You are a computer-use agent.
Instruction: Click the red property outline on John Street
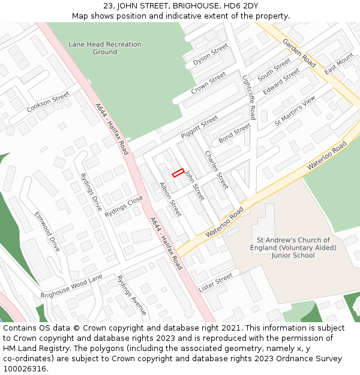click(178, 173)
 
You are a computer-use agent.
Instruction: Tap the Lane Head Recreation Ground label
click(105, 48)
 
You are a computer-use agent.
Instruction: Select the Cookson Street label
click(49, 103)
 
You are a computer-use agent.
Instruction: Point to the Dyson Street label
click(211, 55)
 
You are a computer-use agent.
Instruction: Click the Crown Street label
click(209, 83)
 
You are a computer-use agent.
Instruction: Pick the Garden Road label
click(299, 53)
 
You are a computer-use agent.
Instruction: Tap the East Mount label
click(339, 64)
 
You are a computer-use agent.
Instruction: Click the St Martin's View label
click(295, 111)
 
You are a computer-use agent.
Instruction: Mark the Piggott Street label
click(200, 127)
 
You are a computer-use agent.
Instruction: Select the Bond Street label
click(235, 133)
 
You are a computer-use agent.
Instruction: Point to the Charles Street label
click(217, 169)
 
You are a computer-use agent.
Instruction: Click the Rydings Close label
click(124, 206)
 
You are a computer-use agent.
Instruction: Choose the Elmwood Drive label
click(47, 231)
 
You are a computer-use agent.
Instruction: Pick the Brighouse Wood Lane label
click(71, 286)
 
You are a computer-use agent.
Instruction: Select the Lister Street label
click(215, 282)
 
